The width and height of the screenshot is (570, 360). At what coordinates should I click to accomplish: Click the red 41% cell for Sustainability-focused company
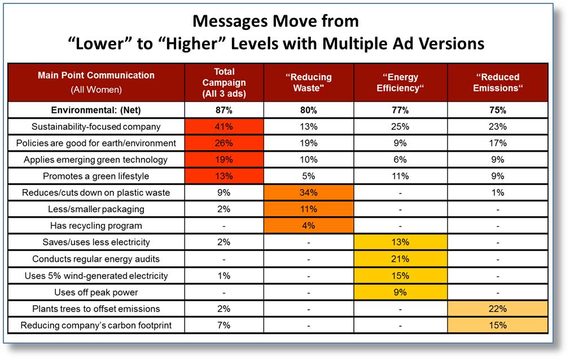coord(224,126)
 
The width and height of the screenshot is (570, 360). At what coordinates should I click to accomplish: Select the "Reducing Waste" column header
coord(308,82)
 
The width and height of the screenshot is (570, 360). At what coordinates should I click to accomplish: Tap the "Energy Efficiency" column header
coord(400,82)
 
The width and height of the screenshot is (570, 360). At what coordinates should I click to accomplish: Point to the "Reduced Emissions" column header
coord(498,82)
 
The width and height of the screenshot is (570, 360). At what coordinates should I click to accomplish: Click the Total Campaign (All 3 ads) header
coord(224,82)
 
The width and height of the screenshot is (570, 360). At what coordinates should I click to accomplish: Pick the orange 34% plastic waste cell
coord(309,192)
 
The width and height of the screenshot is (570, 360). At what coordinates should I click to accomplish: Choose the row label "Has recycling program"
coord(96,226)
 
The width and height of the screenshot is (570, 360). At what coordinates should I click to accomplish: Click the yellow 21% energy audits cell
coord(400,259)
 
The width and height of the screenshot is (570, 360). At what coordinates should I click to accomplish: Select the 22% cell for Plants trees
coord(498,309)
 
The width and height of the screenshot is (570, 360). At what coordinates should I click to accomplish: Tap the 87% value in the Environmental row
coord(224,110)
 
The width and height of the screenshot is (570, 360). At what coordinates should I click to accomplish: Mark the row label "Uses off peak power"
coord(96,292)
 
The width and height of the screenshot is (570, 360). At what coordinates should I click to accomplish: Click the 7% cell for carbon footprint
coord(224,325)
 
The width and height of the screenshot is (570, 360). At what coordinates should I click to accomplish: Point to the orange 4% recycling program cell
coord(309,226)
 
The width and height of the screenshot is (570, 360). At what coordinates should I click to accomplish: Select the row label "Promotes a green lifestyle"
coord(96,176)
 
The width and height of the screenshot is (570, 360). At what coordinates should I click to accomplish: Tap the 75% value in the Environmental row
coord(498,110)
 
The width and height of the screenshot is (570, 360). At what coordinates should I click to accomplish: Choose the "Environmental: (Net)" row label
coord(96,110)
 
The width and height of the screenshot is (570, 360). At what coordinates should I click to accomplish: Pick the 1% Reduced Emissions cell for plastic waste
coord(498,192)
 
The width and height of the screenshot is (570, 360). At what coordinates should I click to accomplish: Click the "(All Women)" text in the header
coord(96,90)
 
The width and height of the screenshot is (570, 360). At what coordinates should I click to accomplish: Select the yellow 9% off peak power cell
coord(400,292)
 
